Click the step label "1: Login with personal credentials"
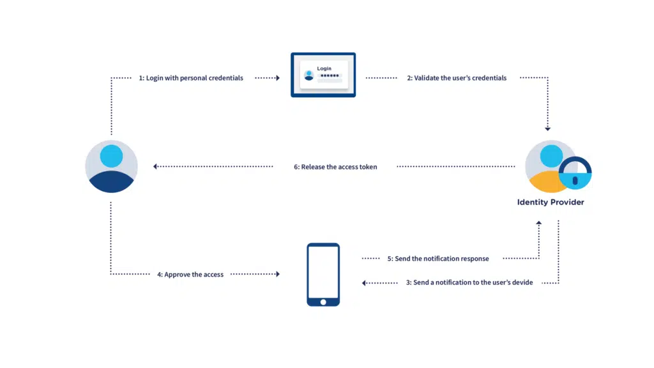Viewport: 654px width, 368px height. pos(191,78)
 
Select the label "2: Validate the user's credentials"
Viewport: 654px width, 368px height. pos(457,78)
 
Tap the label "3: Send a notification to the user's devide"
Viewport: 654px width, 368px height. pos(469,282)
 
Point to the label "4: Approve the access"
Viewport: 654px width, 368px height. pos(190,274)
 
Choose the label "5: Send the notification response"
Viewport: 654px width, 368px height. pos(437,259)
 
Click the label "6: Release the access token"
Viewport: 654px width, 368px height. pos(335,167)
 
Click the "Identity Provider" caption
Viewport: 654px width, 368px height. pos(550,203)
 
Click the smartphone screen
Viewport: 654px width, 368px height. pos(323,272)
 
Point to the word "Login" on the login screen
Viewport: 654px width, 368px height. pos(324,68)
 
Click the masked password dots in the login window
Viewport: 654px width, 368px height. pos(330,75)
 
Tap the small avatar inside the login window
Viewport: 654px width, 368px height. pos(309,75)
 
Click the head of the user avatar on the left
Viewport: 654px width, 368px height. pos(111,155)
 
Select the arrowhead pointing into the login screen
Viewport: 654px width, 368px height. pos(278,78)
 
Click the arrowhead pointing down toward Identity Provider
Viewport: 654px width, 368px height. pos(547,128)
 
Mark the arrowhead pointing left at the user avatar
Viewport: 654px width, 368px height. pos(155,167)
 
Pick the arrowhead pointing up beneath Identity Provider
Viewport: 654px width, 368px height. pos(539,223)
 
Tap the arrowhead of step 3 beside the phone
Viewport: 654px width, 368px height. pos(364,282)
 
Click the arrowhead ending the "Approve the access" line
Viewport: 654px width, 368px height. pos(278,274)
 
